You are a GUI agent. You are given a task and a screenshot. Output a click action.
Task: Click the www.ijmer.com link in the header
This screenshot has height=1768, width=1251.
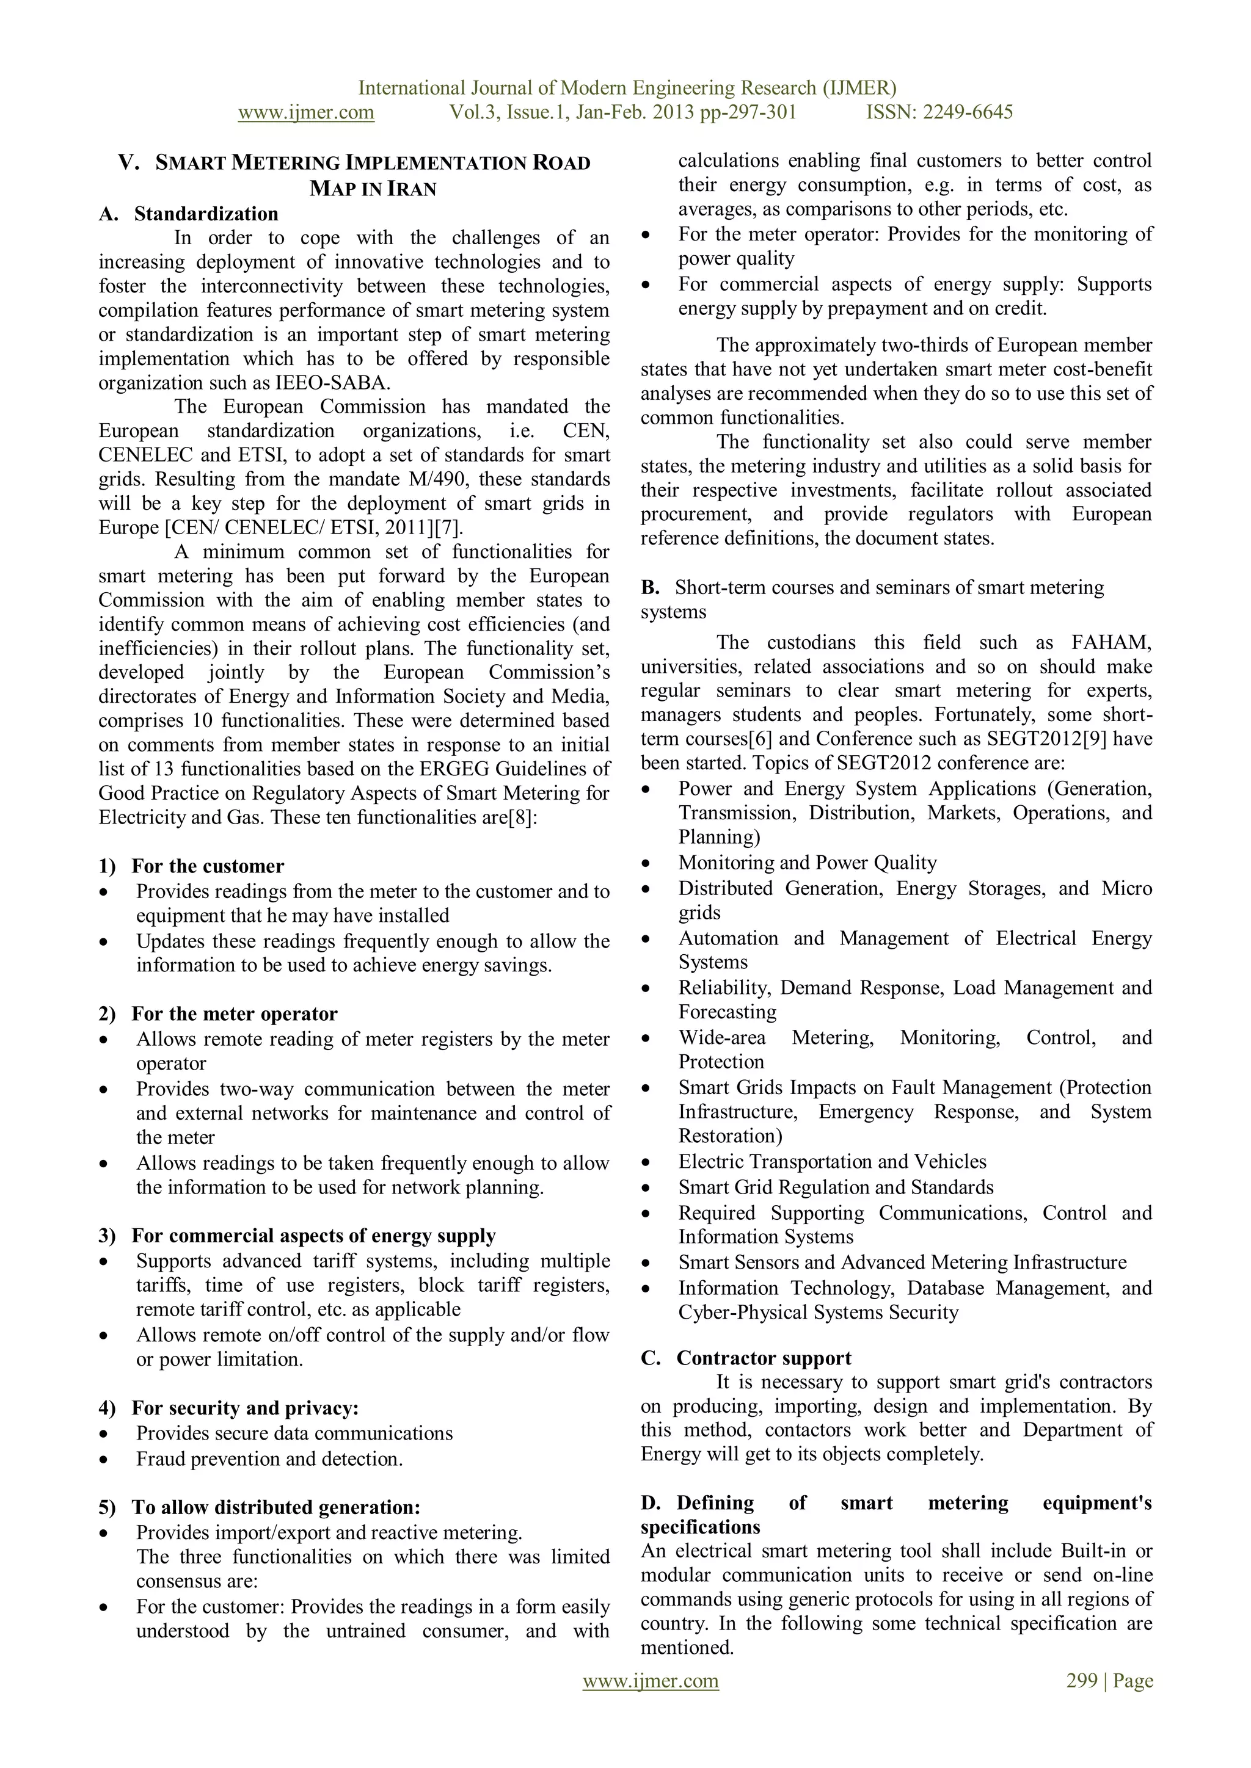[x=306, y=112]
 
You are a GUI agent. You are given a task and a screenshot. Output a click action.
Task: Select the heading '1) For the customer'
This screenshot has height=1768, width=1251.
[x=192, y=866]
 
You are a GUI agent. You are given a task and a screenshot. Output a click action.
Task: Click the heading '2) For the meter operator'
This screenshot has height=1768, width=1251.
[x=218, y=1014]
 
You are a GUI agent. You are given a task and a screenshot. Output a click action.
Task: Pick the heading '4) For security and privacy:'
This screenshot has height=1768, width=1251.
[x=229, y=1408]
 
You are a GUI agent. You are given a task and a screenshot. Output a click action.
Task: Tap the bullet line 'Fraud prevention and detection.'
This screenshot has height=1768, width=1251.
[x=269, y=1459]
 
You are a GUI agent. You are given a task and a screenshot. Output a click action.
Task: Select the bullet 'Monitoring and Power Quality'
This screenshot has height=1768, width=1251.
[x=808, y=863]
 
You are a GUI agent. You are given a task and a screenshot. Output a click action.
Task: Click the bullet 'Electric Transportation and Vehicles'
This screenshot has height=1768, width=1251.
[x=832, y=1162]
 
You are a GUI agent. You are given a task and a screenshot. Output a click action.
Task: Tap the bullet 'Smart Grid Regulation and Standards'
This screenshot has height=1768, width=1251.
[x=836, y=1187]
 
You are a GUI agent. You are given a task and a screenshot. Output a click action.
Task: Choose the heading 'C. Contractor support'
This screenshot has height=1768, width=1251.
[x=746, y=1358]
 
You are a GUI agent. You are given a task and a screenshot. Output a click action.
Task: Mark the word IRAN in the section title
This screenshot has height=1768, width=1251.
[x=410, y=189]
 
